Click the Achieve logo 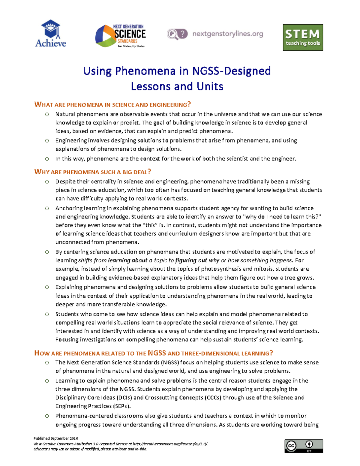pos(51,34)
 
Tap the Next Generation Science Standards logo pos(121,36)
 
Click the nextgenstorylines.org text pos(228,34)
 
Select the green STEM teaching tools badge pos(303,38)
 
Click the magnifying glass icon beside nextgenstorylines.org pos(172,34)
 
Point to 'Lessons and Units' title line pos(177,86)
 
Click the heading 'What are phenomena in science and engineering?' pos(112,105)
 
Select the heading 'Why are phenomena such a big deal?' pos(92,172)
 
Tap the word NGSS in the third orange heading pos(157,353)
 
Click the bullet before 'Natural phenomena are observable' pos(47,114)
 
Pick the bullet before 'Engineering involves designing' pos(47,140)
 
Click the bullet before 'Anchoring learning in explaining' pos(47,208)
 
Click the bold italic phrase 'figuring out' pos(191,260)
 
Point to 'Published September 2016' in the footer pos(56,438)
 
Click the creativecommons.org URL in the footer pos(170,444)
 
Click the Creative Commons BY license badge pos(304,446)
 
